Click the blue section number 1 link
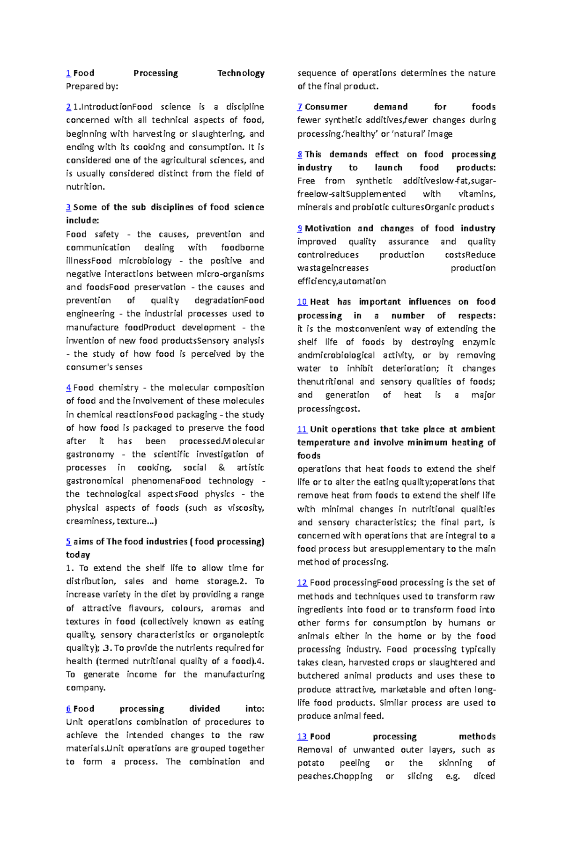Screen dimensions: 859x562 pyautogui.click(x=68, y=73)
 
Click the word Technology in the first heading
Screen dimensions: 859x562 pyautogui.click(x=241, y=73)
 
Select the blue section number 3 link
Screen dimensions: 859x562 pyautogui.click(x=68, y=207)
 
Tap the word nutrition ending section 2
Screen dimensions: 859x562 pyautogui.click(x=85, y=187)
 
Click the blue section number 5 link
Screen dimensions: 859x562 pyautogui.click(x=68, y=542)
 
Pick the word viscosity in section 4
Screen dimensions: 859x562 pyautogui.click(x=245, y=508)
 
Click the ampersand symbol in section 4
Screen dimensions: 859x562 pyautogui.click(x=222, y=468)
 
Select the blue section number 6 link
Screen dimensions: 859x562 pyautogui.click(x=68, y=709)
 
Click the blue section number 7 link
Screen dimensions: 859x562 pyautogui.click(x=300, y=107)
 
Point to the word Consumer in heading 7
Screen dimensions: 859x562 pyautogui.click(x=326, y=107)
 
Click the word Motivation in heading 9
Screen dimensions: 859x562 pyautogui.click(x=327, y=228)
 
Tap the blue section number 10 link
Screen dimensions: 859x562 pyautogui.click(x=302, y=302)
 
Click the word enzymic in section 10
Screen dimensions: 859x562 pyautogui.click(x=479, y=342)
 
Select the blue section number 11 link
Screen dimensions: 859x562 pyautogui.click(x=302, y=429)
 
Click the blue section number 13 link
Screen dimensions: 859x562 pyautogui.click(x=302, y=736)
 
